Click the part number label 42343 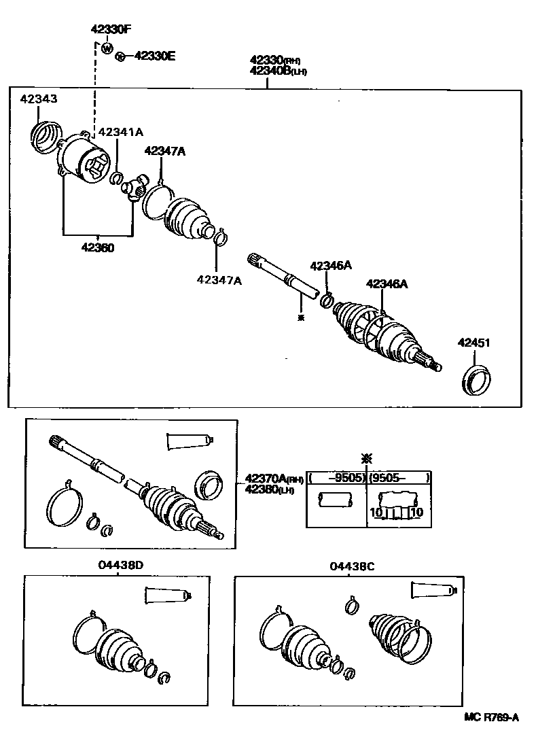[x=38, y=99]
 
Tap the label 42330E [x=154, y=56]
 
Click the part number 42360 [x=98, y=247]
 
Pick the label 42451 [x=473, y=343]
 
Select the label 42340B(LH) [x=268, y=71]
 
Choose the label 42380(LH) [x=266, y=490]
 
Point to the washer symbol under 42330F [x=107, y=48]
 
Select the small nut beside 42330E [x=120, y=56]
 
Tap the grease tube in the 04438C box [x=435, y=590]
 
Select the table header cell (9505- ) [x=399, y=478]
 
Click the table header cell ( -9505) [x=336, y=478]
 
